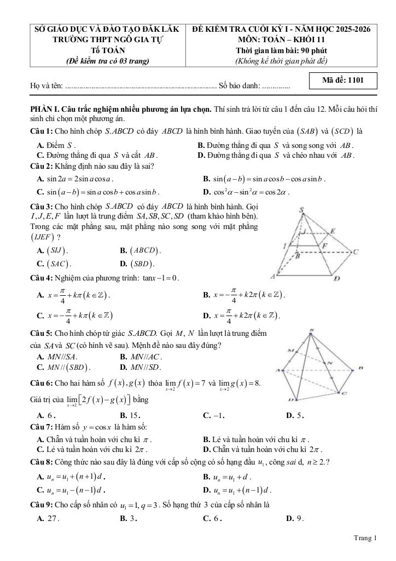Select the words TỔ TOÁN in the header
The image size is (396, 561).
coord(107,51)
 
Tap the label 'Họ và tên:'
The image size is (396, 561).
coord(47,86)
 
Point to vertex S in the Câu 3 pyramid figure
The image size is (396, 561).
coord(302,210)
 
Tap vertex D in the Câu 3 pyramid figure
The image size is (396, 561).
coord(337,278)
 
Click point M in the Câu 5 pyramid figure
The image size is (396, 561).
coord(290,350)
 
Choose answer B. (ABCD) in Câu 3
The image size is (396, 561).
coord(141,250)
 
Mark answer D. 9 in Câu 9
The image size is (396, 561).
coord(295,518)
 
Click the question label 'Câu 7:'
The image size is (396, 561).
coord(42,426)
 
